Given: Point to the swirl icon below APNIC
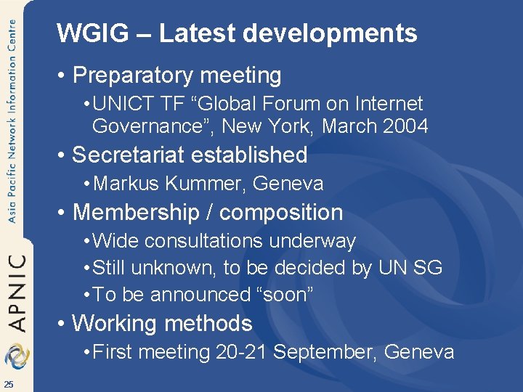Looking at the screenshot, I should tap(16, 356).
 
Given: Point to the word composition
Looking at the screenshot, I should tap(280, 213).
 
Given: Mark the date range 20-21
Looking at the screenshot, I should tap(242, 353).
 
